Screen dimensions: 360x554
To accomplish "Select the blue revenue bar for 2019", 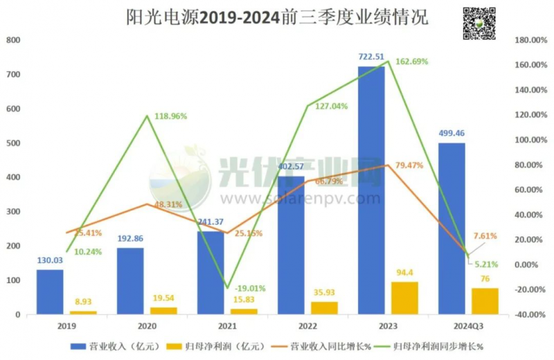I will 50,292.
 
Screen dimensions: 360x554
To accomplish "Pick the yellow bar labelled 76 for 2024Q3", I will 485,301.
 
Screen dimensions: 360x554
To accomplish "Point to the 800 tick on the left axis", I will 13,40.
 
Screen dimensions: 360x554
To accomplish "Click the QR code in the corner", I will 479,23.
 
